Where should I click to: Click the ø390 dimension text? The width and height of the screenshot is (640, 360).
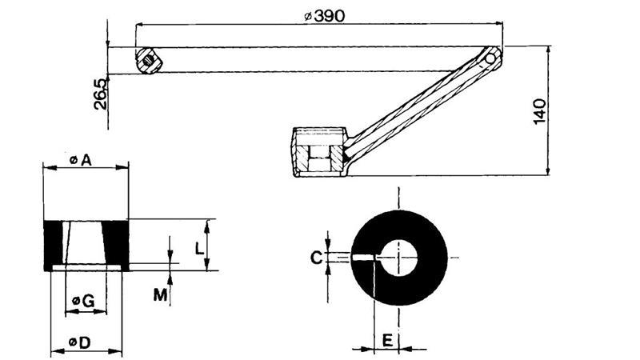tap(324, 16)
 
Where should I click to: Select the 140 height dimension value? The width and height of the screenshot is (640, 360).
tap(541, 110)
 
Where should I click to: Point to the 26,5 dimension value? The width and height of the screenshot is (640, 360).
tap(99, 94)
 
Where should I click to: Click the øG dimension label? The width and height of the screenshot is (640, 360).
tap(83, 300)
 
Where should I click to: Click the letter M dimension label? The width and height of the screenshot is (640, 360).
tap(161, 294)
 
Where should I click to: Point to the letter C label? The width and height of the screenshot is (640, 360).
tap(316, 258)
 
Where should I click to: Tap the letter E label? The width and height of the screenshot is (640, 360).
tap(387, 340)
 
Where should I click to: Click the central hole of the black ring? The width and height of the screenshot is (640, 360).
tap(398, 258)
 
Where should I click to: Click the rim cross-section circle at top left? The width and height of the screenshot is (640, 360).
tap(146, 59)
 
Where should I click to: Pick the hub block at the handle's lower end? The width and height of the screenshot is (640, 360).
tap(319, 152)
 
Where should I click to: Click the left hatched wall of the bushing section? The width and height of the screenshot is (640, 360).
tap(54, 243)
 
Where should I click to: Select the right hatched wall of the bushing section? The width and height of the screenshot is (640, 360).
tap(118, 243)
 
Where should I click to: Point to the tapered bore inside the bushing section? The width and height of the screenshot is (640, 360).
tap(86, 243)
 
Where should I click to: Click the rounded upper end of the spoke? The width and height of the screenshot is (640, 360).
tap(492, 58)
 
